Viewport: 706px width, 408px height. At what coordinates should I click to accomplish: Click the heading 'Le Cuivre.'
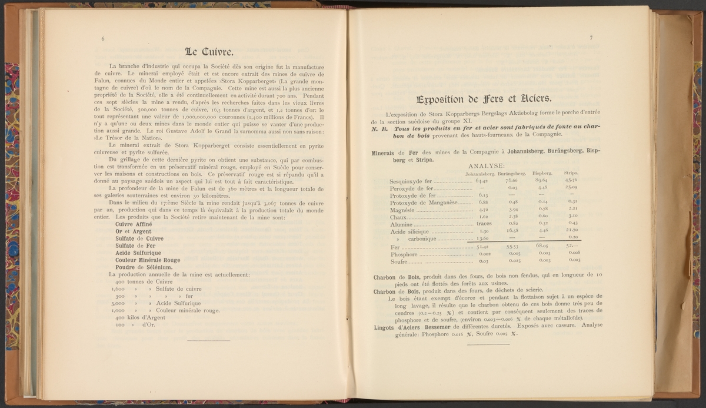click(x=209, y=51)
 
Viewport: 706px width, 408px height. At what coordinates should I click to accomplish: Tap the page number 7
click(x=591, y=39)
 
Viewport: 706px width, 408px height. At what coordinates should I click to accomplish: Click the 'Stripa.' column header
click(x=571, y=173)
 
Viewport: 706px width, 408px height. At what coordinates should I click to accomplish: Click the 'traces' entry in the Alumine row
click(x=484, y=224)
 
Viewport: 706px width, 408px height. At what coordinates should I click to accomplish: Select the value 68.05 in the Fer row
click(x=542, y=246)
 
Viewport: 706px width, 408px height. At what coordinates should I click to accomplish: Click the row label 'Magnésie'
click(x=403, y=210)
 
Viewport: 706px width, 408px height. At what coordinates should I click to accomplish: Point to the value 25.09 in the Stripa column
click(x=571, y=188)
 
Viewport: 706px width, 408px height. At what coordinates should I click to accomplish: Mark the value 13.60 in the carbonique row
click(x=482, y=238)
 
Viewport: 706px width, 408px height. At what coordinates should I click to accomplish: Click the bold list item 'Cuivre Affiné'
click(x=134, y=224)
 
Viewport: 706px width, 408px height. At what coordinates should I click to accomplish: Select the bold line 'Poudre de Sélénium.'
click(x=144, y=267)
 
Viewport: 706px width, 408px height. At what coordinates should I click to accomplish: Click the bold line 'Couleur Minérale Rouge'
click(x=148, y=260)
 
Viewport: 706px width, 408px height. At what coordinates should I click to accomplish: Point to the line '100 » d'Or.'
click(x=131, y=324)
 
